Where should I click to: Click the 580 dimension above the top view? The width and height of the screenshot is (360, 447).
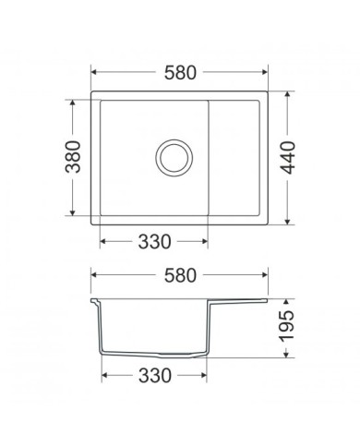tap(180, 73)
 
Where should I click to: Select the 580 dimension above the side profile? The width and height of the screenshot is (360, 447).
tap(180, 275)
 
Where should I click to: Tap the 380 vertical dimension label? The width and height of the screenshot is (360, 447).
tap(74, 157)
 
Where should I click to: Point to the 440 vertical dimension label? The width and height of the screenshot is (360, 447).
tap(288, 157)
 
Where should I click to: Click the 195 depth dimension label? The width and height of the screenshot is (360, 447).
tap(286, 326)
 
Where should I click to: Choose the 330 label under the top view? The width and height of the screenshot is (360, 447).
tap(154, 242)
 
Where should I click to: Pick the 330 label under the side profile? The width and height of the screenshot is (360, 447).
tap(154, 376)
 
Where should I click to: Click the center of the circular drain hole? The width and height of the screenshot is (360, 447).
tap(174, 158)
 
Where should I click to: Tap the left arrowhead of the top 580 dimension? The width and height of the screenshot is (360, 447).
tap(94, 72)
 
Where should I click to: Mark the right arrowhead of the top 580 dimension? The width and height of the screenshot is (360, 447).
tap(264, 72)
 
